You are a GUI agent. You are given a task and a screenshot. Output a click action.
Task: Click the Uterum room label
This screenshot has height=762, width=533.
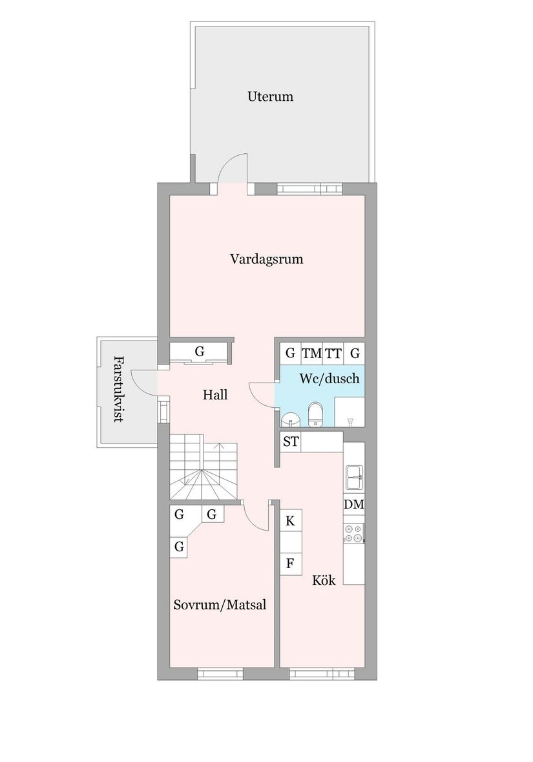click(x=270, y=97)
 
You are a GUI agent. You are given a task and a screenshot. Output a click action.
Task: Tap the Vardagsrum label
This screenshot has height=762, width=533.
click(x=266, y=259)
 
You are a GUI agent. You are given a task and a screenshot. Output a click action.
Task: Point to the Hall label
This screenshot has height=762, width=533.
click(x=214, y=394)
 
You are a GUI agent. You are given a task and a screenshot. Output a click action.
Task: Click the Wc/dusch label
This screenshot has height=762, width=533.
click(x=329, y=379)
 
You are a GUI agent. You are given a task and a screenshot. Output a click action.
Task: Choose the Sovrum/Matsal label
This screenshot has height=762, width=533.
click(x=220, y=605)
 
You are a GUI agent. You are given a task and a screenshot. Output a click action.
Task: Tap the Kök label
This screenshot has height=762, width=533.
click(x=324, y=580)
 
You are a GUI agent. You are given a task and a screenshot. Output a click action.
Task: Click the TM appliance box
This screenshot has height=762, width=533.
click(x=311, y=354)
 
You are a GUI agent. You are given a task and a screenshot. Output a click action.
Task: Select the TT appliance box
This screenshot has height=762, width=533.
click(x=333, y=354)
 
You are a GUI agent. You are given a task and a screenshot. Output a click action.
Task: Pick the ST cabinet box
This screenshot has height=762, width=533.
click(x=290, y=442)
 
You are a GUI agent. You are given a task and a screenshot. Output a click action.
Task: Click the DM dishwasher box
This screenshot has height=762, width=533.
click(x=353, y=504)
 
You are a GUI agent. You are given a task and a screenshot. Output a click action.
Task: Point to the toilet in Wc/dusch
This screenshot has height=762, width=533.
click(x=315, y=414)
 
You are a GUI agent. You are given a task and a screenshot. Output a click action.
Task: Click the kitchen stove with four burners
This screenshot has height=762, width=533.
click(x=353, y=533)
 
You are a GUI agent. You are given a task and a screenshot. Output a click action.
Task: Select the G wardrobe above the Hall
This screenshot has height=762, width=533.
click(x=199, y=352)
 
